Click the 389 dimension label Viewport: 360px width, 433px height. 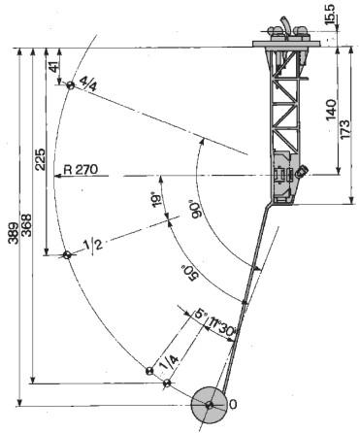[14, 233]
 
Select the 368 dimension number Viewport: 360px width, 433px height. [27, 225]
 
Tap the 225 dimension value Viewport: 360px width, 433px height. [40, 160]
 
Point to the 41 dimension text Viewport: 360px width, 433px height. [54, 66]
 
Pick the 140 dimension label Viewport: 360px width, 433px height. [331, 110]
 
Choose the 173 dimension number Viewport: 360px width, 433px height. [345, 130]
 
